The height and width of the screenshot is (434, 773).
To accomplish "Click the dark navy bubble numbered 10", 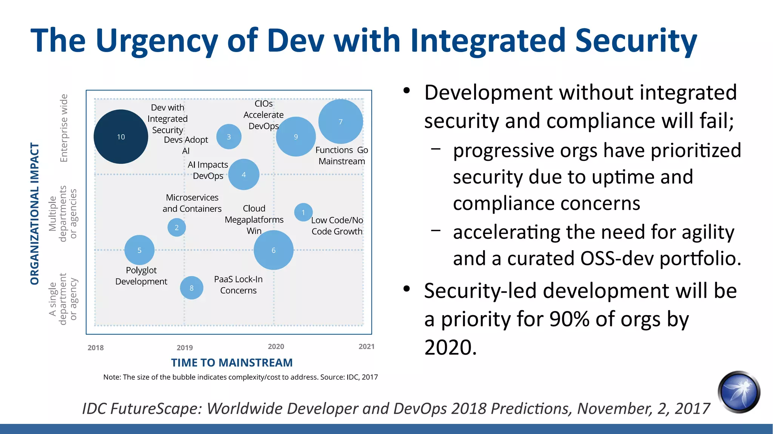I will [x=121, y=137].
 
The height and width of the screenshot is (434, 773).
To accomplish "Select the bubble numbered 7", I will [x=340, y=122].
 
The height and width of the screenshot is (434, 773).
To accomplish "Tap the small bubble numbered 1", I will [x=303, y=212].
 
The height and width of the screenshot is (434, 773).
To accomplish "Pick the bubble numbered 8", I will [x=191, y=288].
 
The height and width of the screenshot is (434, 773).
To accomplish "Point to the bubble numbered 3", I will [x=229, y=137].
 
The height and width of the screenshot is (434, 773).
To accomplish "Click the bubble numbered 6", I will [x=273, y=250].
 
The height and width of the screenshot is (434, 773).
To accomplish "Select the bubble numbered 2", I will [x=176, y=228].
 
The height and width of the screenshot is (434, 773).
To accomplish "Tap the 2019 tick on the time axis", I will [x=185, y=348].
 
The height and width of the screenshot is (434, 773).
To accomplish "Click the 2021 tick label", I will [x=366, y=346].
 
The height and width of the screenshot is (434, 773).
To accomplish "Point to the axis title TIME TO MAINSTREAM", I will [x=232, y=363].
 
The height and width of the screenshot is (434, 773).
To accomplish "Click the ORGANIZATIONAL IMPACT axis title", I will [x=35, y=214].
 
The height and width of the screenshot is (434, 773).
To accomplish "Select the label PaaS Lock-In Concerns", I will [x=238, y=285].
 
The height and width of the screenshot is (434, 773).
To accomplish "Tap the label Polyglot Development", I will [x=141, y=276].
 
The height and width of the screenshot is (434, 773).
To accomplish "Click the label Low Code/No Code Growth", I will [x=337, y=226].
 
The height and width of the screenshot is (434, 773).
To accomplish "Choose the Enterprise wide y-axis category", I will [x=64, y=128].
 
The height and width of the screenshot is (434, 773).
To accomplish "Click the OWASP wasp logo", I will [x=739, y=392].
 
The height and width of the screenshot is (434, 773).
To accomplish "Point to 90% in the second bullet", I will [x=569, y=319].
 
